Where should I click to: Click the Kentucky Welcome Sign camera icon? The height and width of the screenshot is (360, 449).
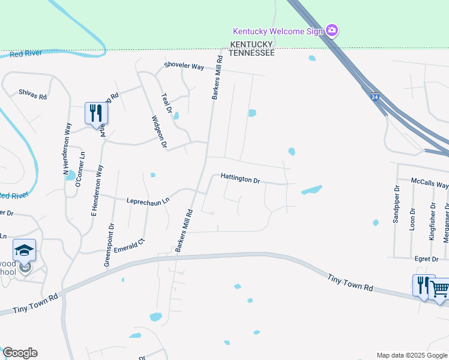pyautogui.click(x=332, y=30)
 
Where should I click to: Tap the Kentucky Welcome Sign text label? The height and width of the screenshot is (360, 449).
pyautogui.click(x=278, y=31)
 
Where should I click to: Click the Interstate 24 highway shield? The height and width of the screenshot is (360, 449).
pyautogui.click(x=375, y=97)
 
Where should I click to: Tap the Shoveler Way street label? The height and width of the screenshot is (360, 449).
pyautogui.click(x=185, y=67)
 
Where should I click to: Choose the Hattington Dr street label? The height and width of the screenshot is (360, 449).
pyautogui.click(x=240, y=178)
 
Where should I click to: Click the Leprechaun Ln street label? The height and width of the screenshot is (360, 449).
pyautogui.click(x=148, y=201)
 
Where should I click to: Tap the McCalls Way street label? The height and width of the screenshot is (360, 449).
pyautogui.click(x=429, y=183)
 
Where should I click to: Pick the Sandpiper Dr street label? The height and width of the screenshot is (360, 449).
pyautogui.click(x=396, y=207)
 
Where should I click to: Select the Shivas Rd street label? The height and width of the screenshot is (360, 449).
pyautogui.click(x=32, y=93)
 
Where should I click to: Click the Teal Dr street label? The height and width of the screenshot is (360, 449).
pyautogui.click(x=166, y=103)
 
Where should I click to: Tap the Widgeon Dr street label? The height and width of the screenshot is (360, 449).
pyautogui.click(x=159, y=131)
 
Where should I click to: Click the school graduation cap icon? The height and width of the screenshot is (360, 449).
pyautogui.click(x=25, y=250)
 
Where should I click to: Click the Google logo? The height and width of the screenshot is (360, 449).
pyautogui.click(x=20, y=353)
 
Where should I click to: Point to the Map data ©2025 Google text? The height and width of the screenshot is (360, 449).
pyautogui.click(x=411, y=355)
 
